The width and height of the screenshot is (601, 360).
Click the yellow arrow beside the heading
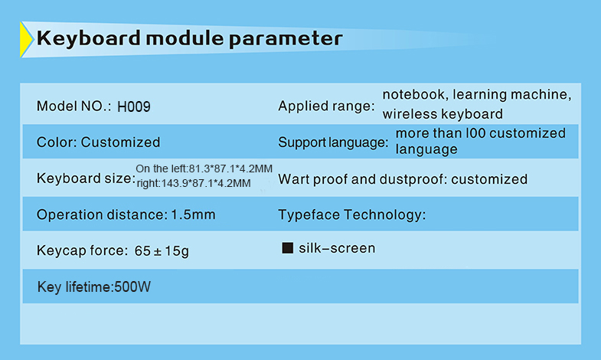tap(26, 40)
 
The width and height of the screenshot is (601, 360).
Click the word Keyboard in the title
tap(89, 39)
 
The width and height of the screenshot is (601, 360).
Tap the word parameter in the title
tap(286, 40)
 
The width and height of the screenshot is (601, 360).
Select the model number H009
tap(134, 106)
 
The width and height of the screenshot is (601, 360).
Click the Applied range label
tap(326, 106)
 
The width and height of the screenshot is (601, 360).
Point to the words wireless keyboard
tap(443, 114)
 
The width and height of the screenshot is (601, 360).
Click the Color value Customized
tap(120, 142)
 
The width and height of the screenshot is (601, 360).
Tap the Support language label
tap(333, 142)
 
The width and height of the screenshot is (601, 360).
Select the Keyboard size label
tap(86, 178)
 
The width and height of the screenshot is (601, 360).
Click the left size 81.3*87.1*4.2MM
tap(230, 169)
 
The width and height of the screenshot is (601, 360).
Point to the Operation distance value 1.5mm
tap(193, 214)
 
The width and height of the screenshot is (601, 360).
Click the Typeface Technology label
tap(352, 214)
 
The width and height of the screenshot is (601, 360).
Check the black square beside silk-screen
tap(287, 248)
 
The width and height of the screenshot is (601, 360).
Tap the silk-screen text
tap(337, 248)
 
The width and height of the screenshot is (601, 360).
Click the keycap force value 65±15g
tap(162, 250)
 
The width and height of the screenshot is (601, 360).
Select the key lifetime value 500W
tap(132, 286)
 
